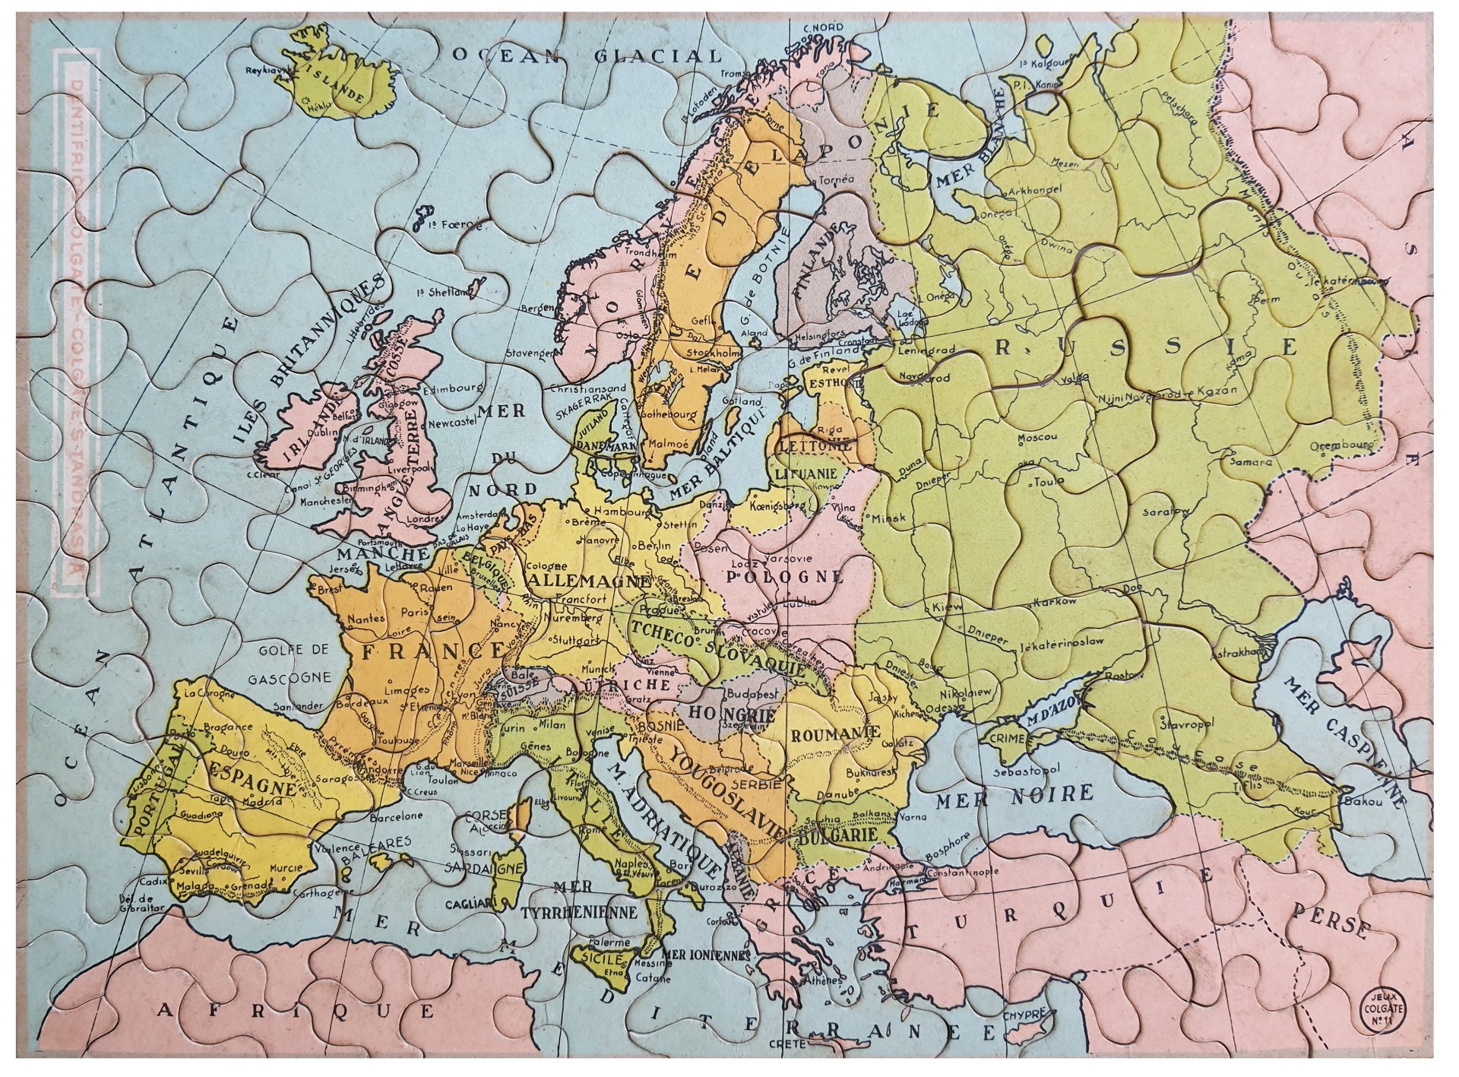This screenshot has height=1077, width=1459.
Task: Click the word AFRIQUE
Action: tap(296, 1010)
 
